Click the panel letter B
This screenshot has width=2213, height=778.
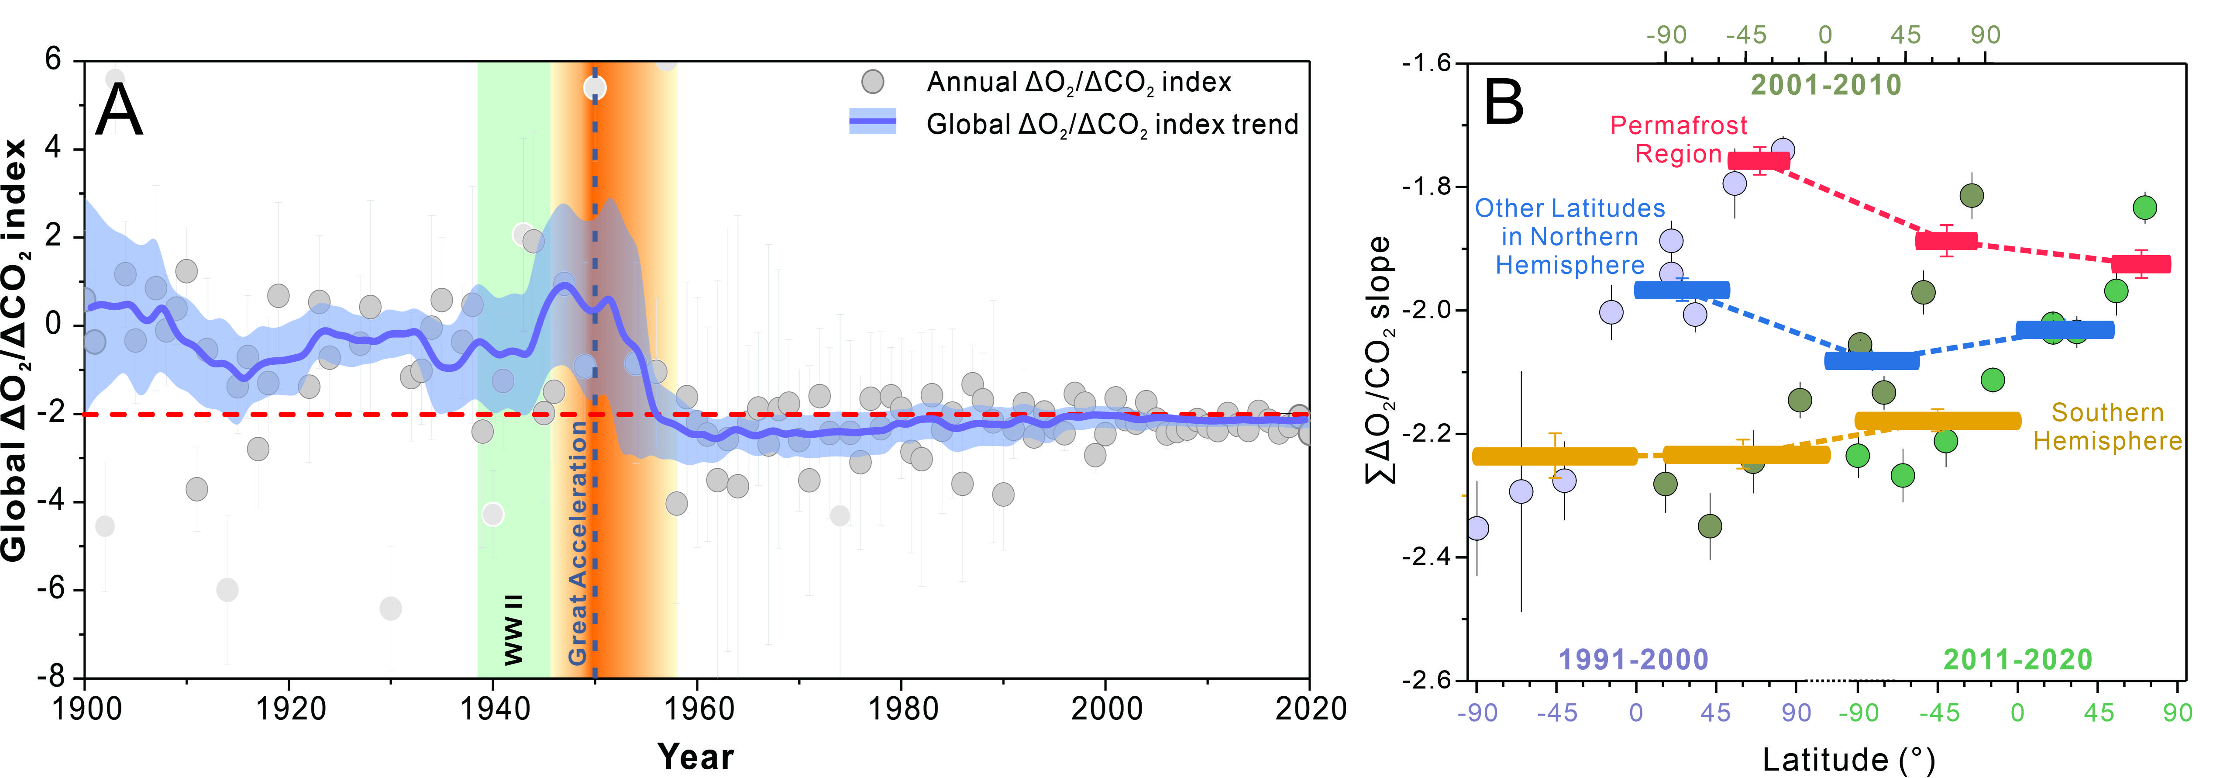coord(1504,103)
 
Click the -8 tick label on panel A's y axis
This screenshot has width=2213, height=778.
coord(52,678)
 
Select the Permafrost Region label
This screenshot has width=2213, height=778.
coord(1679,139)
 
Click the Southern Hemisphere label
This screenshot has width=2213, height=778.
coord(2107,426)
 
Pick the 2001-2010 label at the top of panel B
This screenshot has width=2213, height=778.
coord(1826,85)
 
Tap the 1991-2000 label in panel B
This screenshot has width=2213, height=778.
coord(1633,659)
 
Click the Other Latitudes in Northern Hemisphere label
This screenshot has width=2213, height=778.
coord(1569,236)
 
